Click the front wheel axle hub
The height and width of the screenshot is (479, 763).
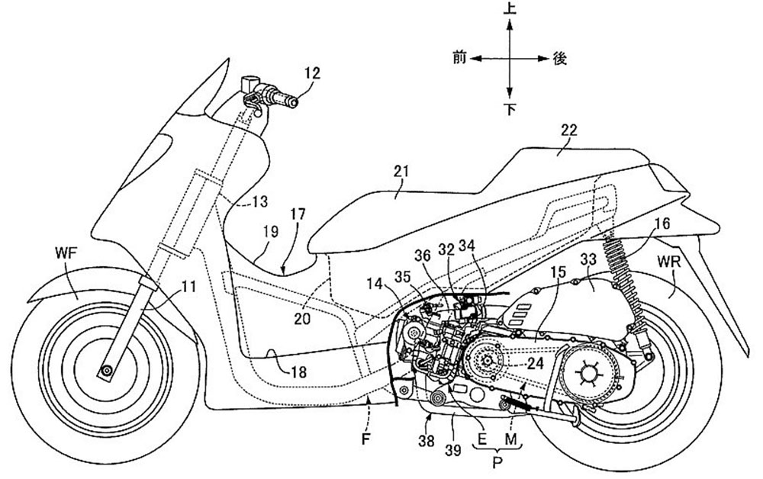105,371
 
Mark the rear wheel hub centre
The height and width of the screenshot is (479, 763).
588,374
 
